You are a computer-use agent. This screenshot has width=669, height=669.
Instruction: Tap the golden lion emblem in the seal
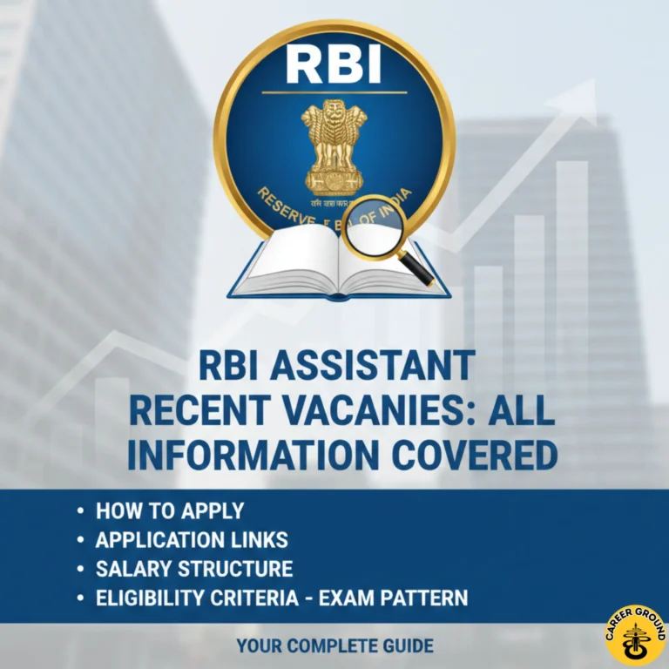tap(334, 145)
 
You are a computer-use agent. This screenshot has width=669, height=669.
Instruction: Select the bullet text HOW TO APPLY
tap(170, 511)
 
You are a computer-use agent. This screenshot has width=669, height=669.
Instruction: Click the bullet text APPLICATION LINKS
tap(192, 540)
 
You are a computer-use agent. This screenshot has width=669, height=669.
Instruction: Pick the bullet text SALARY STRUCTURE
tap(193, 570)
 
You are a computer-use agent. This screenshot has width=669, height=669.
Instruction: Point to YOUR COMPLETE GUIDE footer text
tap(335, 646)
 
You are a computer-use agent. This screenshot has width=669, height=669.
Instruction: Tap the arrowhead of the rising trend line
tap(585, 98)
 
